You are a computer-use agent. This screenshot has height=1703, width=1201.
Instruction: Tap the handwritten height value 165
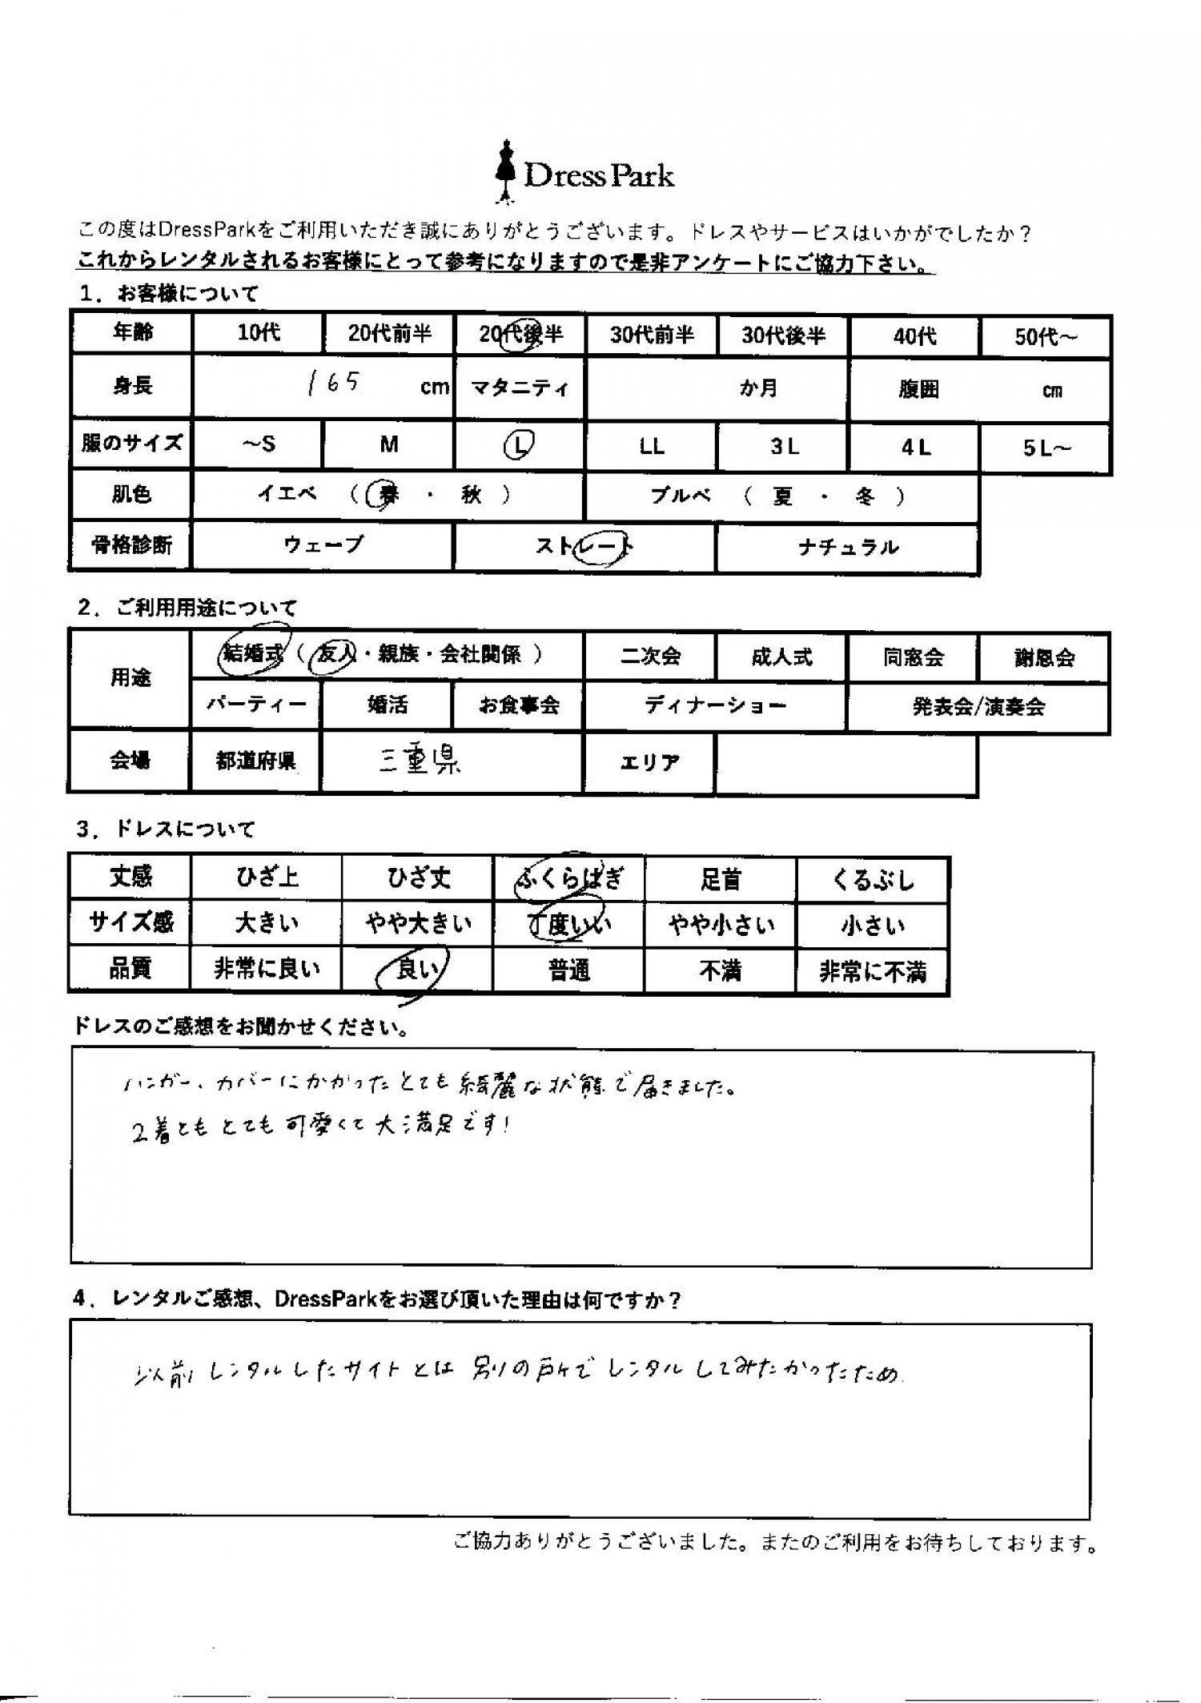tap(333, 384)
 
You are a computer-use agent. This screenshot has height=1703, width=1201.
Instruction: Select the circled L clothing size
tap(519, 445)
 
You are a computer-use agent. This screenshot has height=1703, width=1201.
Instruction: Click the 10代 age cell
tap(258, 333)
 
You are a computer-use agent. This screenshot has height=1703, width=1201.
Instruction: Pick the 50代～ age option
tap(1045, 337)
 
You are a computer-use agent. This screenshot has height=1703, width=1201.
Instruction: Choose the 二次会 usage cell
tap(650, 657)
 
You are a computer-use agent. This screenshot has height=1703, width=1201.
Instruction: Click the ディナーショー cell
tap(715, 706)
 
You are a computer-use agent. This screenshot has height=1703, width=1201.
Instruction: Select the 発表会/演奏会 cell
tap(978, 707)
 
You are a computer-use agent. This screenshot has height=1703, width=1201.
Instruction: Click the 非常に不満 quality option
tap(872, 972)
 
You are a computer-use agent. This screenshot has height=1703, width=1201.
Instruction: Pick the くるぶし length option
tap(872, 880)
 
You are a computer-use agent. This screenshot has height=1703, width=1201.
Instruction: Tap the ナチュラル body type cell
tap(847, 548)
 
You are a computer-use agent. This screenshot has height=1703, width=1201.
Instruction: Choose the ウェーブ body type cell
tap(323, 546)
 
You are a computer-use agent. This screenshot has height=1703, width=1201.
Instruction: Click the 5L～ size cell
tap(1045, 448)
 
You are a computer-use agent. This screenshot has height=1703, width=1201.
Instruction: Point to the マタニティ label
tap(520, 388)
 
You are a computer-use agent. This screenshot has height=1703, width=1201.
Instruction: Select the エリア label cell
tap(649, 763)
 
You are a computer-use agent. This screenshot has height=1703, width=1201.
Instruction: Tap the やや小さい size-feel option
tap(721, 926)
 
